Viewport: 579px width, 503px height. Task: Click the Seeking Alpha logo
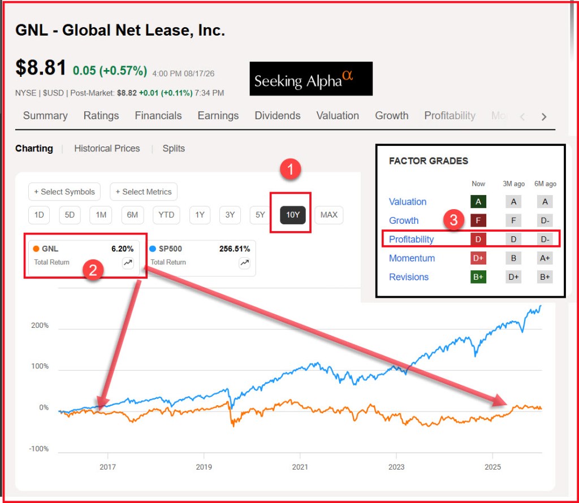[311, 79]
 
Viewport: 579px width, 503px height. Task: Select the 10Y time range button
[293, 215]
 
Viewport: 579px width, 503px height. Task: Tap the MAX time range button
[329, 215]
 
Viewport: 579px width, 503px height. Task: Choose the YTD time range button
[166, 215]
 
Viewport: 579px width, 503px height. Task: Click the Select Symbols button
[64, 192]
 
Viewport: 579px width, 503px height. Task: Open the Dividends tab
[277, 115]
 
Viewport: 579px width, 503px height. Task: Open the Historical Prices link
[107, 148]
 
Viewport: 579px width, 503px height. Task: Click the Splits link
[174, 148]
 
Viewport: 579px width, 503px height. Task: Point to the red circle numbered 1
[290, 170]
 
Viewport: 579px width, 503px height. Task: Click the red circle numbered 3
[453, 220]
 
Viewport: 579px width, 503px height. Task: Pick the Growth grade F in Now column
[478, 220]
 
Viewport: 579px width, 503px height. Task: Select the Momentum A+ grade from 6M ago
[545, 258]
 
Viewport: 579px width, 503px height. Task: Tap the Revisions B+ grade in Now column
[478, 277]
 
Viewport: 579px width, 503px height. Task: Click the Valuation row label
[408, 202]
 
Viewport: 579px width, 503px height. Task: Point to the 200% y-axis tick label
[40, 325]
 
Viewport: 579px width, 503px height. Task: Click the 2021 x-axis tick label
[300, 467]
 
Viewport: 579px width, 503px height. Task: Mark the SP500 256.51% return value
[235, 249]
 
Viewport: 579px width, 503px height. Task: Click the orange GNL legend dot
[36, 249]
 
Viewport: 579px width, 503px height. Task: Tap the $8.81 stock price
[41, 68]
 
